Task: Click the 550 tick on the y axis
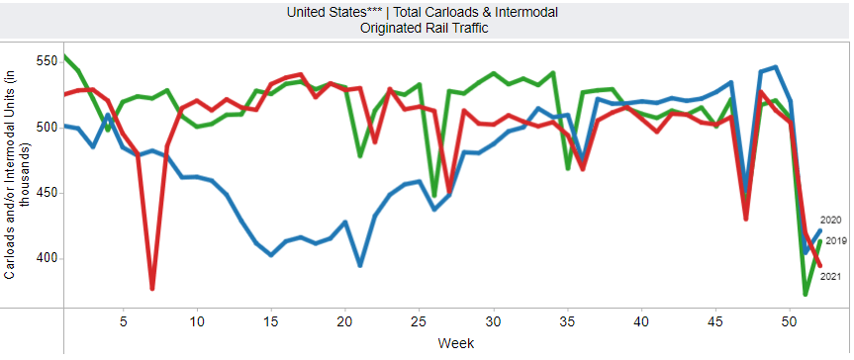(45, 62)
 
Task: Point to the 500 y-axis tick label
(45, 128)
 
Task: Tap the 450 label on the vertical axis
(45, 194)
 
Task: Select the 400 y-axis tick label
(45, 259)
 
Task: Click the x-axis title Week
(456, 343)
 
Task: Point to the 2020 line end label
(831, 221)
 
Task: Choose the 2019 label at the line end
(836, 241)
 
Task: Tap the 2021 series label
(831, 277)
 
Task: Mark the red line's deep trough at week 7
(152, 289)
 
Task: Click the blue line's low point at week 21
(359, 265)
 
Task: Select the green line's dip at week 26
(434, 195)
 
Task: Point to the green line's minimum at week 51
(805, 294)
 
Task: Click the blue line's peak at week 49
(776, 67)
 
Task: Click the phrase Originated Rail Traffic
(424, 28)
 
